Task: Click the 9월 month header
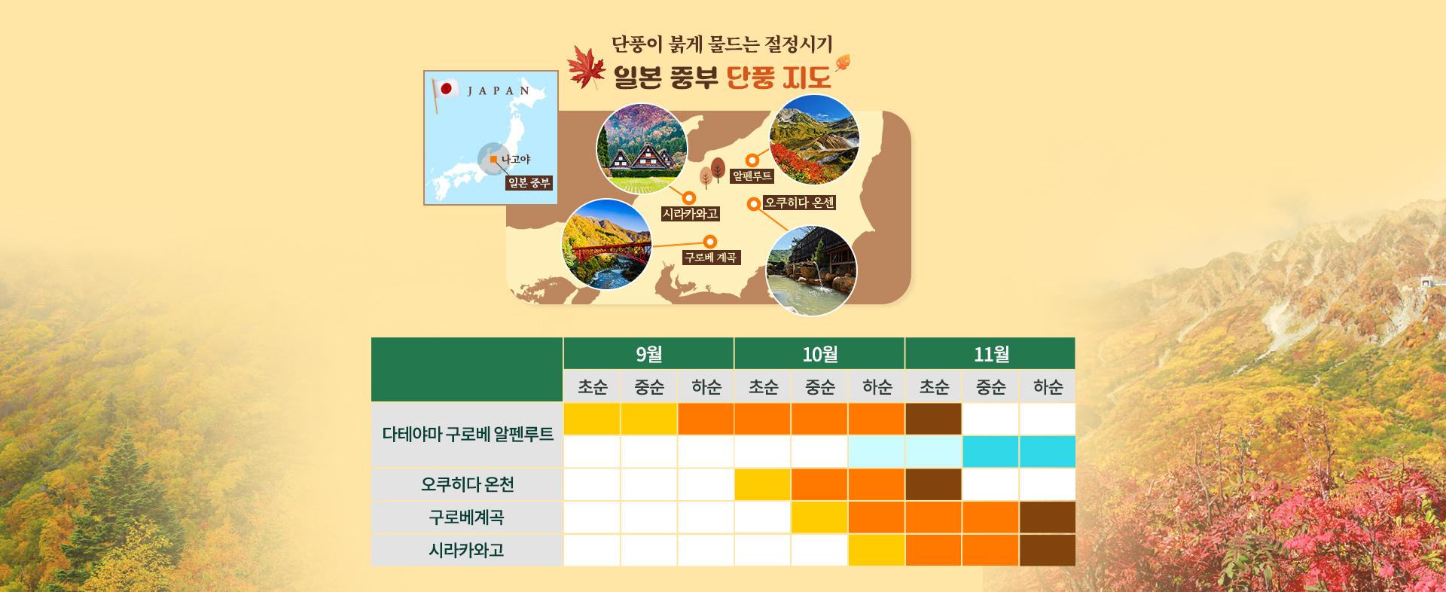[648, 353]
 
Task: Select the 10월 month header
[819, 353]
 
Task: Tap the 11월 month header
[990, 353]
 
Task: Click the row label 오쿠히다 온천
[467, 484]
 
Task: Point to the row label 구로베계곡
[467, 517]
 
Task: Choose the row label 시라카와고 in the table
[467, 551]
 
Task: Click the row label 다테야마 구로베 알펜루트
[468, 434]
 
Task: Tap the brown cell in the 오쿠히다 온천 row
[933, 484]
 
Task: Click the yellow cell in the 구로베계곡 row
[819, 517]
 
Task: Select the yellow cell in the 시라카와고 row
[877, 551]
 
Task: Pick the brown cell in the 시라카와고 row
[1048, 551]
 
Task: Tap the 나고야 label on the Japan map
[516, 159]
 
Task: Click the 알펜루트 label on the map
[752, 176]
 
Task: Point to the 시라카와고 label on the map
[691, 214]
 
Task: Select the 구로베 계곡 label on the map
[711, 258]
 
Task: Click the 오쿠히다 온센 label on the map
[799, 203]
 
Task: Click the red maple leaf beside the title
[587, 67]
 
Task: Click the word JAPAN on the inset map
[498, 91]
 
